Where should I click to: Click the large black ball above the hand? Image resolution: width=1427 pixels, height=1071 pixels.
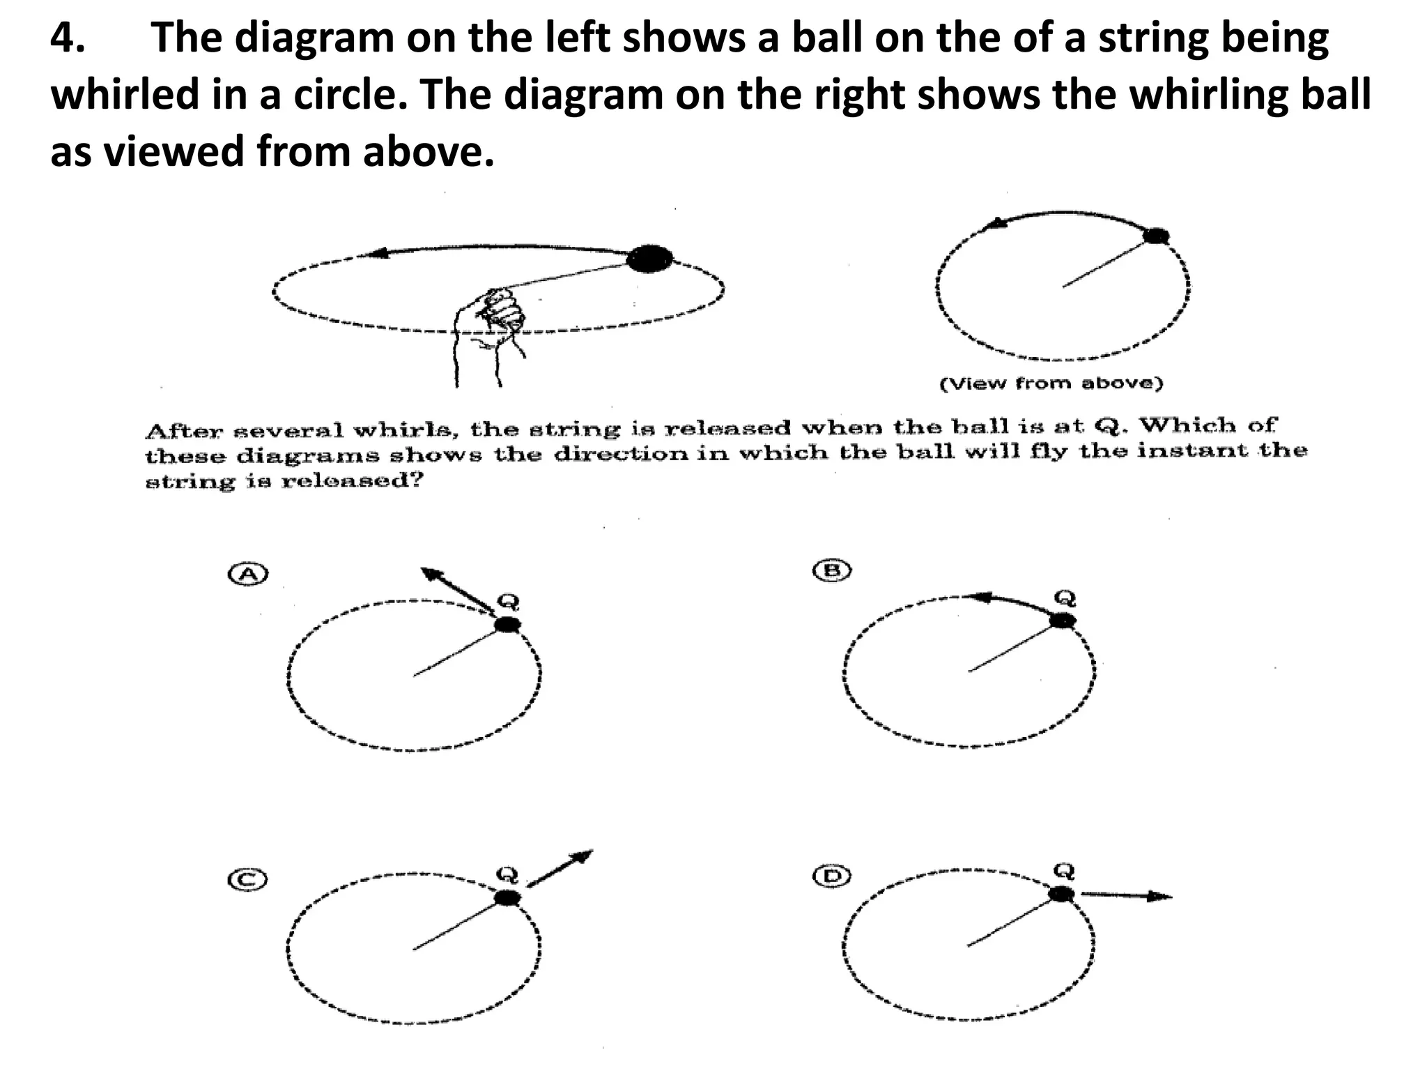(x=649, y=259)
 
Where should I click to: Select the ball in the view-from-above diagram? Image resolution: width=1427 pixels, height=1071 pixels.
(x=1156, y=236)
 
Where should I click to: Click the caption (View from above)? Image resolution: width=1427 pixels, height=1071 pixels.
(x=1051, y=383)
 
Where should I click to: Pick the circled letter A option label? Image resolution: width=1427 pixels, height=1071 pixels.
(x=249, y=574)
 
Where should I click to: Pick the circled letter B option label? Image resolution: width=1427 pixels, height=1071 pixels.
(x=833, y=571)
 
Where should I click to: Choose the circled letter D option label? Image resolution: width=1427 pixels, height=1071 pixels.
(x=832, y=876)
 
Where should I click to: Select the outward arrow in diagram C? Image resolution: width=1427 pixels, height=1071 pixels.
(x=560, y=868)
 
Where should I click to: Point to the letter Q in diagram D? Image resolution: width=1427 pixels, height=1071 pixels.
(x=1064, y=870)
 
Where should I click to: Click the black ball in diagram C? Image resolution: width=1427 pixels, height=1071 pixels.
(x=507, y=898)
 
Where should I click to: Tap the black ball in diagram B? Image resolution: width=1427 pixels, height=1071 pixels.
(x=1063, y=620)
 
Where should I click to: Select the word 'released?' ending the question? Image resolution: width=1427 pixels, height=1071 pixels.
(x=352, y=481)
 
